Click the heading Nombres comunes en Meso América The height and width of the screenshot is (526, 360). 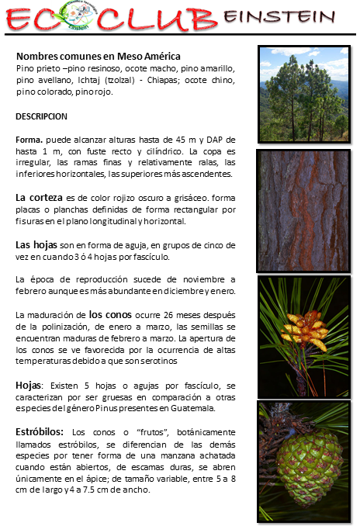click(x=98, y=57)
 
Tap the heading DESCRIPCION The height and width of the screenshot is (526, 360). click(x=41, y=116)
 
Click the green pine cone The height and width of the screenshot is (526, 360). click(x=309, y=465)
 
